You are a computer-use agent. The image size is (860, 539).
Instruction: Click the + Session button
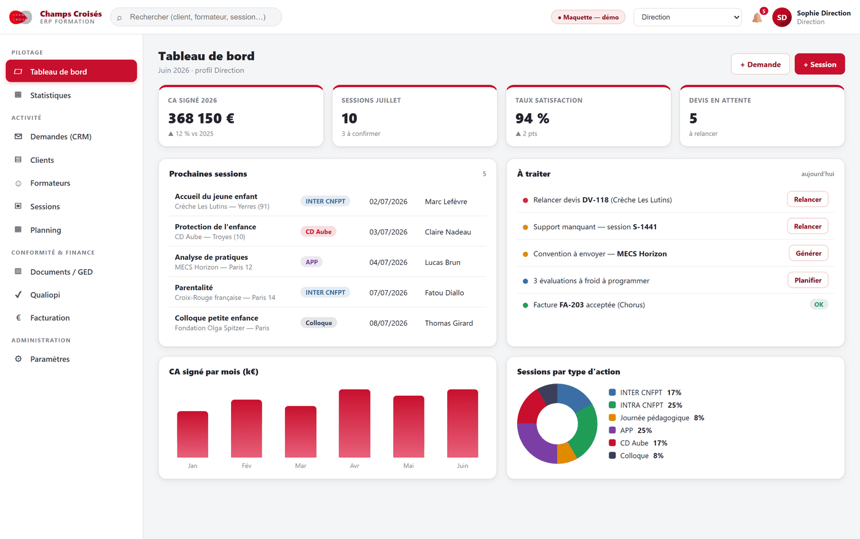click(819, 64)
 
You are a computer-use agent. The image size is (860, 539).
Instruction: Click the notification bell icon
click(757, 18)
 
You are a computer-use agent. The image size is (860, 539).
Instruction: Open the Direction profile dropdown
click(687, 17)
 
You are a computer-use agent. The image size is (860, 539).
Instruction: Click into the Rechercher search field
click(196, 17)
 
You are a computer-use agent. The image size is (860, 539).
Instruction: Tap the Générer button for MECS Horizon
click(808, 253)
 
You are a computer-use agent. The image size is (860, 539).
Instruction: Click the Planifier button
click(808, 280)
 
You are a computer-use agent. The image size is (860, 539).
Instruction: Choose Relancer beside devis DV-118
click(807, 199)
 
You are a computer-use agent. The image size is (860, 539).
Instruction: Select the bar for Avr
click(354, 423)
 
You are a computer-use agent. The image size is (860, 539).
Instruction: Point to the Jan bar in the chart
click(192, 435)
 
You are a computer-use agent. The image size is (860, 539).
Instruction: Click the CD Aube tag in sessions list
click(318, 232)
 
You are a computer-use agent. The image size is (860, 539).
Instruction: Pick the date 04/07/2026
click(388, 262)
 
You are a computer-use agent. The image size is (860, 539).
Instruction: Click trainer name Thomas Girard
click(449, 323)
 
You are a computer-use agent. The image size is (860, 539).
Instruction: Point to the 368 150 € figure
click(201, 119)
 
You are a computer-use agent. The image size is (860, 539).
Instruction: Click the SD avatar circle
click(781, 17)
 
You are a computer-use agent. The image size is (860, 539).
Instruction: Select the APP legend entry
click(630, 430)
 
